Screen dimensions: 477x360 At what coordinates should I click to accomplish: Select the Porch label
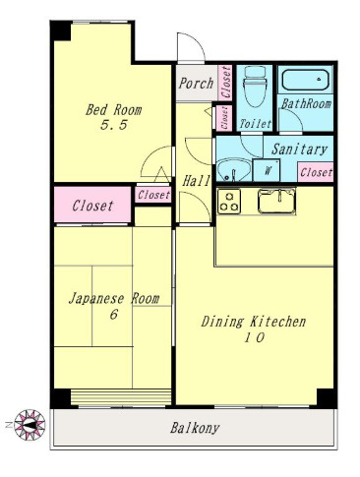click(x=195, y=84)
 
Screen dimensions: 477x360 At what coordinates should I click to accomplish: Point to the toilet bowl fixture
click(x=256, y=90)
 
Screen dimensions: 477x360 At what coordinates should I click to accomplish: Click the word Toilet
click(x=255, y=125)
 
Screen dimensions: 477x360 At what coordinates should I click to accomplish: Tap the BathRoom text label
click(x=306, y=102)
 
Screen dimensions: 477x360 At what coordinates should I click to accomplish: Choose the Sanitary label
click(x=299, y=149)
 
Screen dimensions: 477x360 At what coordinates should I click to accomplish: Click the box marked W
click(x=268, y=170)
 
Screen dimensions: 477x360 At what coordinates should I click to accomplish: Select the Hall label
click(x=194, y=181)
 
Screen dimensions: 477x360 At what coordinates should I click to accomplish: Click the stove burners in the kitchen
click(x=229, y=202)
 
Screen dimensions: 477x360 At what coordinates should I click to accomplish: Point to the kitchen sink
click(x=276, y=201)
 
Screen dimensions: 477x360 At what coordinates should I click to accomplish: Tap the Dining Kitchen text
click(x=254, y=322)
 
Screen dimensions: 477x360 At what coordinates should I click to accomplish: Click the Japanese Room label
click(x=113, y=298)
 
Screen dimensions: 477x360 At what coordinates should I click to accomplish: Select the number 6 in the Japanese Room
click(x=112, y=314)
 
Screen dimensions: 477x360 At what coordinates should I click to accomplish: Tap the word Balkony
click(x=194, y=428)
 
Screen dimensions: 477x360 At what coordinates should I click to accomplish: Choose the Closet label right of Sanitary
click(x=315, y=171)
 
